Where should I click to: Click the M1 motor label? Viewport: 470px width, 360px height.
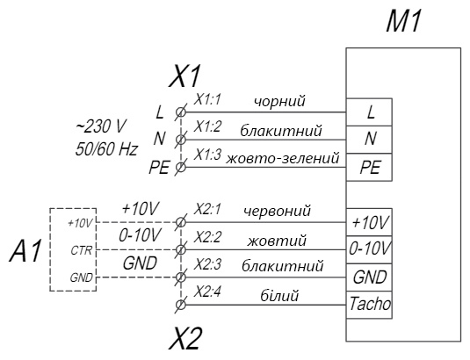(404, 21)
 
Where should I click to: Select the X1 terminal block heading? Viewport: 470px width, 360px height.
(184, 76)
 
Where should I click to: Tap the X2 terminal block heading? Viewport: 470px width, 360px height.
(184, 338)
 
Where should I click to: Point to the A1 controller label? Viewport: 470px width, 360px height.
(25, 251)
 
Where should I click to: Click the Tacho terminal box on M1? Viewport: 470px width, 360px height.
(369, 305)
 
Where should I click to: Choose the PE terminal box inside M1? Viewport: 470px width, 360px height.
(369, 167)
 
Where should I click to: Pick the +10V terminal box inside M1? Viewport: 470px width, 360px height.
(369, 222)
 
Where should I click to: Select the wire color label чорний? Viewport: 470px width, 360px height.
(279, 101)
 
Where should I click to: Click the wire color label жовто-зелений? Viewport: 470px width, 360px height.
(283, 158)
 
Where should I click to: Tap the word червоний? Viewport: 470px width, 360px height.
(277, 211)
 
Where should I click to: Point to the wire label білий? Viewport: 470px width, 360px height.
(279, 296)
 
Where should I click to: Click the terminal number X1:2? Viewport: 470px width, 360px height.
(206, 127)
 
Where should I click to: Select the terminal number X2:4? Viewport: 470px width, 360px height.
(207, 292)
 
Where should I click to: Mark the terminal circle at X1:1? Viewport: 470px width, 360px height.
(180, 112)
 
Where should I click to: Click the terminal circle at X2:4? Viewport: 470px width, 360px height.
(180, 305)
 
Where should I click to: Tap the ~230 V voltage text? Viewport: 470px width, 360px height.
(100, 126)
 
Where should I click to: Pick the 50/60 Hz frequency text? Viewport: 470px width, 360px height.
(106, 149)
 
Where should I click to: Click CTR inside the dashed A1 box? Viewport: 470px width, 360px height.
(81, 250)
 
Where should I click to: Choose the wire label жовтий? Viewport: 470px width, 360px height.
(277, 241)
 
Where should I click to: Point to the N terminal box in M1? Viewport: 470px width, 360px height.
(369, 140)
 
